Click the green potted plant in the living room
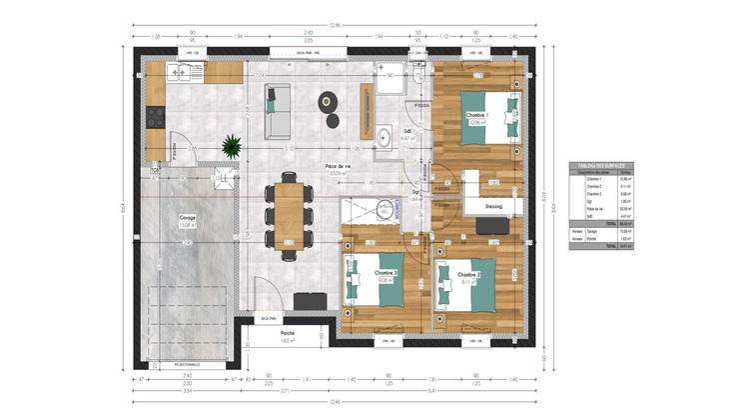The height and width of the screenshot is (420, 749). tap(232, 146)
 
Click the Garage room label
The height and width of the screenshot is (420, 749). tap(187, 217)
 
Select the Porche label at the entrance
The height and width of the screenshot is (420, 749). tap(288, 333)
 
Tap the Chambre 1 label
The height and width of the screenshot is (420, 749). tap(476, 116)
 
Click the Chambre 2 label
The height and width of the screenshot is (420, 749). tap(469, 274)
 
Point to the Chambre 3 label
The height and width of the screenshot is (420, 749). tap(386, 273)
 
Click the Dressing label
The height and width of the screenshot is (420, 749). tap(493, 207)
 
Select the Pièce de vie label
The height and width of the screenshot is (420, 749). tap(338, 166)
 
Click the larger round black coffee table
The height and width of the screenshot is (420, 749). tap(327, 100)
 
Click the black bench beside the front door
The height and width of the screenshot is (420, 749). tap(310, 300)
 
